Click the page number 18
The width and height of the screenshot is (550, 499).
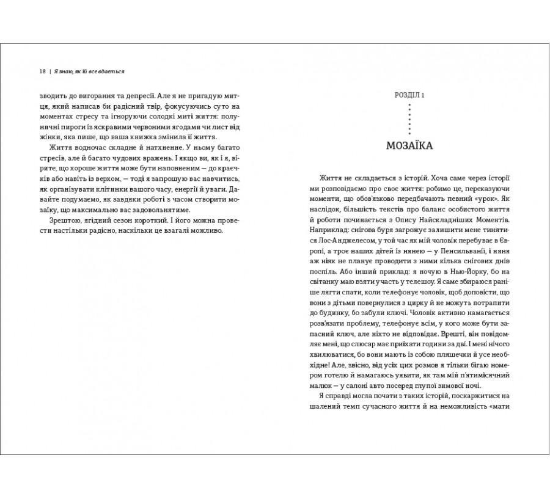[42, 71]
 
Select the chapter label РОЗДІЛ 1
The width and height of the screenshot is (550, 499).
[409, 95]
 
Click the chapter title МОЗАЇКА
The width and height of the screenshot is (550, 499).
[409, 147]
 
